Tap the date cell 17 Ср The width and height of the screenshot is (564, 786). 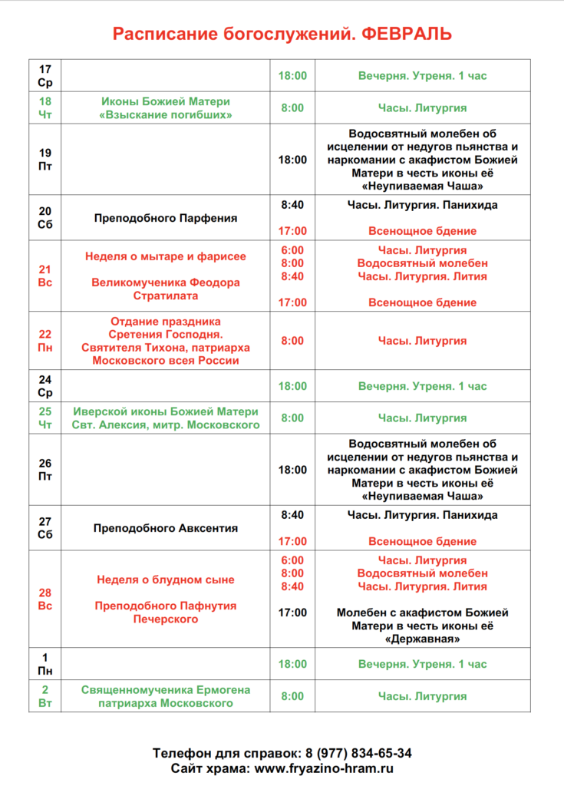[x=45, y=76]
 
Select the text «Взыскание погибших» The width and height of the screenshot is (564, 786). [x=165, y=115]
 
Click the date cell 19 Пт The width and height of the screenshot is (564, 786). [x=45, y=160]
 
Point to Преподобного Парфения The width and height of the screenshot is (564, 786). [x=166, y=218]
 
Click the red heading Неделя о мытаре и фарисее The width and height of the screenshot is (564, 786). [x=165, y=256]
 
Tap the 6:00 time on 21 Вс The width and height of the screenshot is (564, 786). [x=292, y=250]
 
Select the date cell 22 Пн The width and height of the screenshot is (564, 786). [x=45, y=341]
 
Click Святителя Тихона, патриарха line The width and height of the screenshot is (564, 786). [x=165, y=347]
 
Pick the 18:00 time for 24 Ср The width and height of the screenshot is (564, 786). [x=292, y=386]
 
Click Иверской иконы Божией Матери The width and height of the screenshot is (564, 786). [x=165, y=411]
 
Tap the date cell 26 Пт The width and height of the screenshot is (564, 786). [x=45, y=470]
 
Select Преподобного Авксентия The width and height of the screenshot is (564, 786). [x=166, y=528]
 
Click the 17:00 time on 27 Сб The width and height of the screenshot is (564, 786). [x=292, y=541]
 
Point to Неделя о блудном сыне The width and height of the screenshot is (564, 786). [x=165, y=580]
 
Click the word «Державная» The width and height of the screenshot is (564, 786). [x=422, y=639]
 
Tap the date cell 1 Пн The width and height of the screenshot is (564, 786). [x=45, y=664]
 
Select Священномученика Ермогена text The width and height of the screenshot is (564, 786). [x=165, y=690]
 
